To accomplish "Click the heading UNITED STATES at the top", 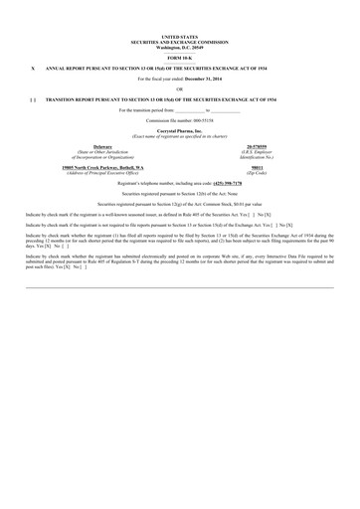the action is click(x=180, y=35).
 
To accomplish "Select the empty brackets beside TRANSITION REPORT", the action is click(x=35, y=100).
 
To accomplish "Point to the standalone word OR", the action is click(x=180, y=89).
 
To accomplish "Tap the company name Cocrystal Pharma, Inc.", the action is click(x=180, y=131).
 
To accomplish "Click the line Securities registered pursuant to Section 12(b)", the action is click(x=180, y=193).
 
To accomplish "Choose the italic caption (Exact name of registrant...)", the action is click(x=180, y=136).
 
